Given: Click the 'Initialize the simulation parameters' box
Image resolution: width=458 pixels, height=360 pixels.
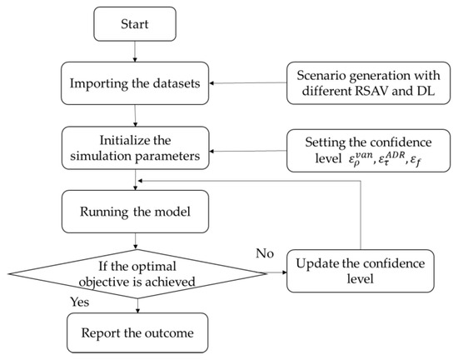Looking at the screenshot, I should click(x=134, y=142).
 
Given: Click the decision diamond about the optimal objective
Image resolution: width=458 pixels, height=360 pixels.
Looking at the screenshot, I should click(x=134, y=272).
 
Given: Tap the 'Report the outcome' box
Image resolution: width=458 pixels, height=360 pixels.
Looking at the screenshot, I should click(x=134, y=334).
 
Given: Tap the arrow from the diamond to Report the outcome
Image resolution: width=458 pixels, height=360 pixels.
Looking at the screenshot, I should click(x=134, y=304).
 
